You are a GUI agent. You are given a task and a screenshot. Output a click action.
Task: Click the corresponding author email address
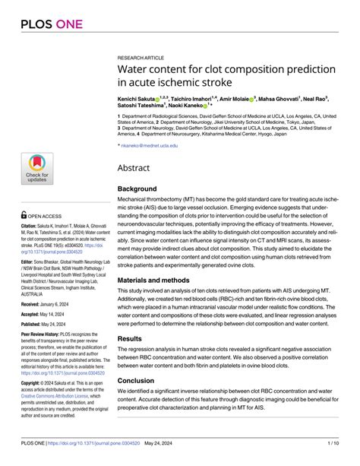pos(150,144)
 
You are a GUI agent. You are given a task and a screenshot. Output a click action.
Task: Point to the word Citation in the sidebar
pos(29,226)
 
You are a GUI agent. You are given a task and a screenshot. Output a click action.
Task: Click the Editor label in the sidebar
pos(27,260)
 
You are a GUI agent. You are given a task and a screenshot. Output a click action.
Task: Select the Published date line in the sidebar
pos(47,324)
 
